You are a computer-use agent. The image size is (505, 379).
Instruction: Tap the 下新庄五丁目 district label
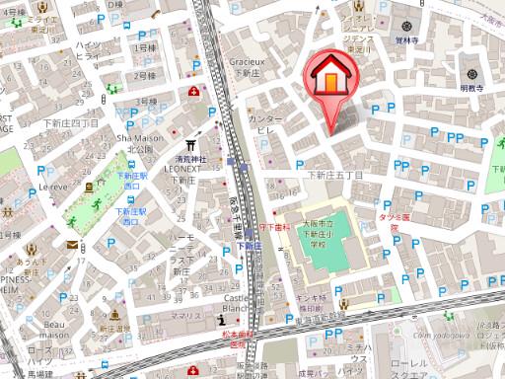336,175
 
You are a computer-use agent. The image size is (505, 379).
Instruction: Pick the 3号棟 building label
146,102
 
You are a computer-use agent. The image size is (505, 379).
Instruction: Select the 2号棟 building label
146,75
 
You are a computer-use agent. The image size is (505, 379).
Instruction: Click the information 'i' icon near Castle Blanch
219,323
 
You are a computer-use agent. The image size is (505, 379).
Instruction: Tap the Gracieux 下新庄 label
250,66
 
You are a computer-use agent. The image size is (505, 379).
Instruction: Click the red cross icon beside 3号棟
193,91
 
